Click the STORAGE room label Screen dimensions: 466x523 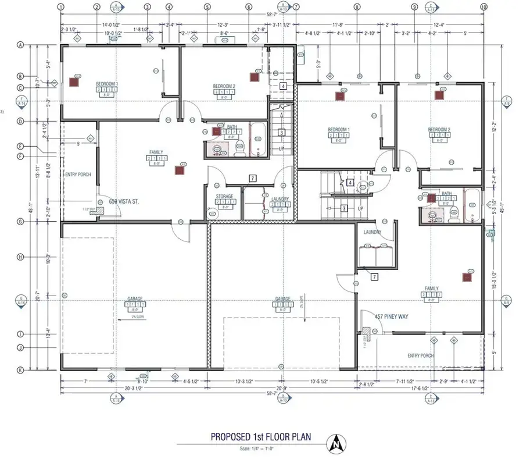(224, 197)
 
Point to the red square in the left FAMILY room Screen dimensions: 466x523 (178, 170)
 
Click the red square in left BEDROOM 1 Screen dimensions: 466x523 (74, 82)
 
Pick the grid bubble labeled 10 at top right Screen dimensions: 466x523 (483, 7)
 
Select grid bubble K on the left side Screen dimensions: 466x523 (20, 369)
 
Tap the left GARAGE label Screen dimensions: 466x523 (135, 299)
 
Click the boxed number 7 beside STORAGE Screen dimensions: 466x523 (252, 178)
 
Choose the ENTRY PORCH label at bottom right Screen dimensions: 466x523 (421, 355)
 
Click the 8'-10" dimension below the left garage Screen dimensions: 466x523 (142, 381)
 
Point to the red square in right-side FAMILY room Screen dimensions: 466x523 (466, 278)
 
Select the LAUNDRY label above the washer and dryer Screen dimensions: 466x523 (372, 232)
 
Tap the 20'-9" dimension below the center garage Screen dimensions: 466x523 (281, 388)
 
